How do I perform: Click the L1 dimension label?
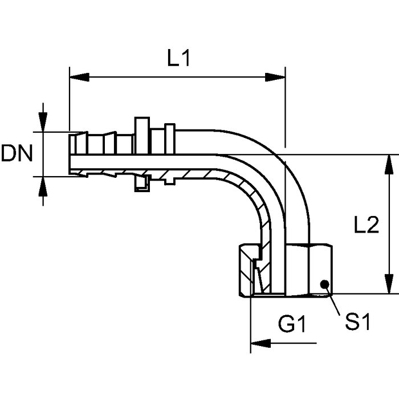pyautogui.click(x=178, y=58)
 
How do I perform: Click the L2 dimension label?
pyautogui.click(x=367, y=225)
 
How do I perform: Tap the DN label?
pyautogui.click(x=17, y=153)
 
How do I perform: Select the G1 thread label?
pyautogui.click(x=292, y=324)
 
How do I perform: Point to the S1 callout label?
pyautogui.click(x=357, y=321)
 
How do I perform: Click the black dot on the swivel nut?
pyautogui.click(x=325, y=284)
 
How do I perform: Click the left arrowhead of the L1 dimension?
pyautogui.click(x=79, y=77)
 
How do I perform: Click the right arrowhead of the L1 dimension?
pyautogui.click(x=275, y=77)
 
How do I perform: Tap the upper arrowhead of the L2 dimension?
pyautogui.click(x=389, y=164)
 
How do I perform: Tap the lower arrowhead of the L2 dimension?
pyautogui.click(x=389, y=284)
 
